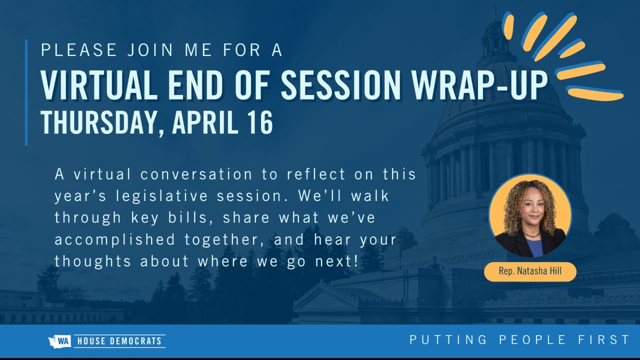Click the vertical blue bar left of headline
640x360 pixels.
point(26,92)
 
